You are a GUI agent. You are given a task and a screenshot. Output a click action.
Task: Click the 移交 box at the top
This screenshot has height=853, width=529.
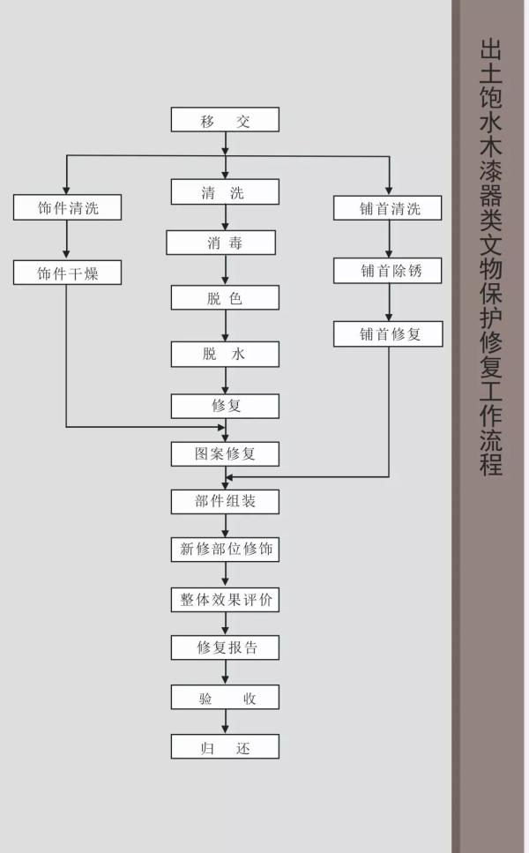(x=225, y=120)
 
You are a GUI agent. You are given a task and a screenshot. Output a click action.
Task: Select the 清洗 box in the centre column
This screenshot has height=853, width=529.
(x=225, y=192)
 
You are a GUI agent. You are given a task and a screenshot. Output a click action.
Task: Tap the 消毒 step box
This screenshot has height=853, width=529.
(x=220, y=243)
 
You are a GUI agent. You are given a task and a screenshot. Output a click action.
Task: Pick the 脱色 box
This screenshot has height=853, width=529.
(x=225, y=298)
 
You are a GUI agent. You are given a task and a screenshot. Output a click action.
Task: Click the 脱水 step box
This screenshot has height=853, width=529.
(x=225, y=354)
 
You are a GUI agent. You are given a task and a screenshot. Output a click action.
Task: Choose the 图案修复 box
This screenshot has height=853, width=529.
(x=225, y=453)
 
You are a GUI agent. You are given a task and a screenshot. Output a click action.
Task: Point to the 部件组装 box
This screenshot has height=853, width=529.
(x=225, y=502)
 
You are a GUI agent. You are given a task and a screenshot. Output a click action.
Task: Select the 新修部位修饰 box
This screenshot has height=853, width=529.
(x=225, y=550)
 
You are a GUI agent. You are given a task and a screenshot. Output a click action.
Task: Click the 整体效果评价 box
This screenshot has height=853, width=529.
(x=225, y=600)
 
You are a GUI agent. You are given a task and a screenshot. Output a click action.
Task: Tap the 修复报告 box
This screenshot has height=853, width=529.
(x=225, y=647)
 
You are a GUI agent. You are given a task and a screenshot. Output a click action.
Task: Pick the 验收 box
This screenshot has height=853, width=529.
(x=225, y=697)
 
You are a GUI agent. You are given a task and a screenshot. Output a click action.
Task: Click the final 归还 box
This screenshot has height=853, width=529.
(x=225, y=746)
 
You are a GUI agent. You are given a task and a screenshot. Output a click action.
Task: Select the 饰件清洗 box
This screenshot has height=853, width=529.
(x=67, y=208)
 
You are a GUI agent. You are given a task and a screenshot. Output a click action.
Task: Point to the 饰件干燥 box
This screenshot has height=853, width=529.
(x=67, y=273)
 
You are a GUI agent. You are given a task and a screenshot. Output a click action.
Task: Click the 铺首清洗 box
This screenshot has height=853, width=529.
(x=388, y=208)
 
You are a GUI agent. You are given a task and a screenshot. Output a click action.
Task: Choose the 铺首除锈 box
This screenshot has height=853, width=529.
(x=388, y=271)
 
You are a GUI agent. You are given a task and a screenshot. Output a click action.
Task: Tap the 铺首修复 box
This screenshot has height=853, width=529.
(x=388, y=334)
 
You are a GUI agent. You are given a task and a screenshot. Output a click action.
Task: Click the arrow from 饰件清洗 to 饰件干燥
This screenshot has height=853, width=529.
(x=66, y=240)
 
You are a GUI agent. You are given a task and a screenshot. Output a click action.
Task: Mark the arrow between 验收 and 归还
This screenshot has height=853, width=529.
(x=225, y=722)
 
